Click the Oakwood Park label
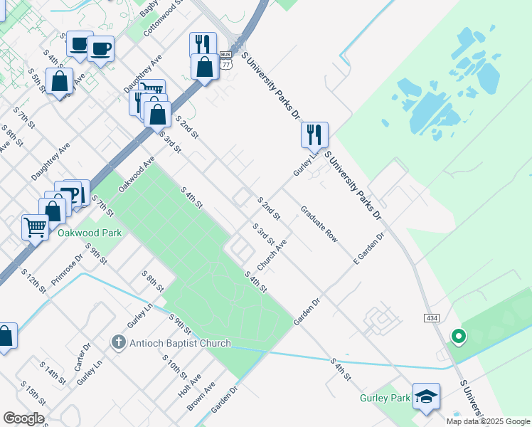[x=90, y=233]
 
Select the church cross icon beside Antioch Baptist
[x=119, y=343]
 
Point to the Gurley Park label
[x=385, y=398]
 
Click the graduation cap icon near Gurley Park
[x=426, y=397]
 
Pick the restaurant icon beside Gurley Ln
[x=314, y=134]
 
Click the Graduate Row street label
[x=319, y=224]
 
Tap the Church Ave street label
[x=272, y=254]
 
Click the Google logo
[x=23, y=418]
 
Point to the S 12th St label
[x=33, y=281]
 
